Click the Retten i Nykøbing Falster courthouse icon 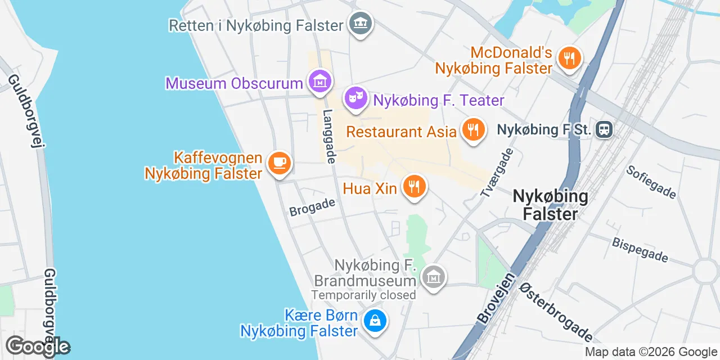(x=361, y=24)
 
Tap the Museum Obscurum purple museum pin (x=319, y=81)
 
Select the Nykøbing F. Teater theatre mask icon (x=355, y=98)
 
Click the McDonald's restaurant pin (x=569, y=57)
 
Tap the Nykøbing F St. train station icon (x=604, y=130)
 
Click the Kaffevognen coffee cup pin (x=279, y=163)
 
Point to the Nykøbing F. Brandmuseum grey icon (x=433, y=277)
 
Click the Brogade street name (x=312, y=207)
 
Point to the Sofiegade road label (x=651, y=181)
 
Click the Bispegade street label (x=640, y=249)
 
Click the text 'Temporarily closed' (x=364, y=295)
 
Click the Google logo (x=38, y=346)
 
